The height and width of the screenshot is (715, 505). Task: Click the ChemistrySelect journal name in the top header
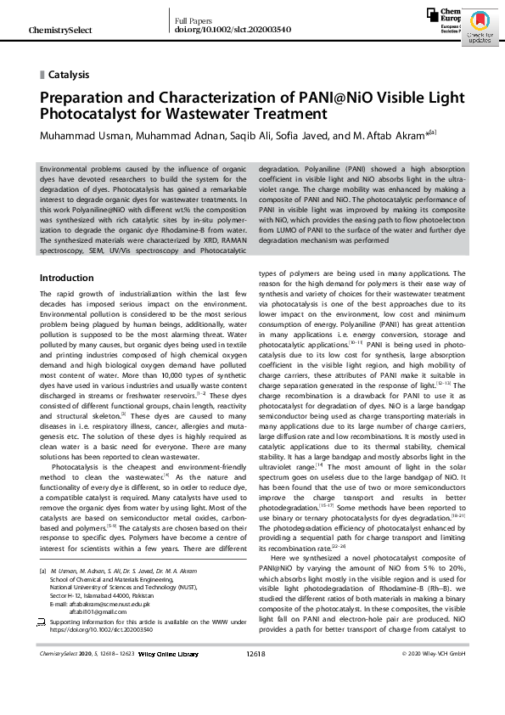coord(60,31)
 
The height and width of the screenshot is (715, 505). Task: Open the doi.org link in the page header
coord(221,30)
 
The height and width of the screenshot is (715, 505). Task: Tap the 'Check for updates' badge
coord(479,30)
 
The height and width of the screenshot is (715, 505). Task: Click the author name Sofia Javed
coord(295,133)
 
